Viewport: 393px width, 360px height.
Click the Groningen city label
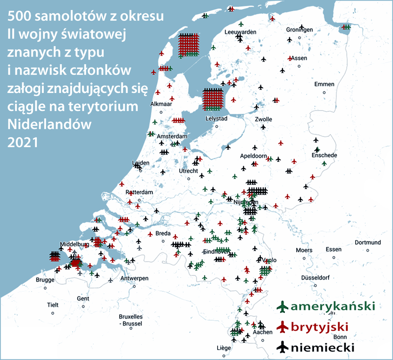[x=300, y=30]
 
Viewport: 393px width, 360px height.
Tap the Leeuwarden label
[x=241, y=32]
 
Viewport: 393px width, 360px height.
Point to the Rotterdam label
[x=140, y=192]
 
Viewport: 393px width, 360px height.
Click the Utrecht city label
[x=189, y=171]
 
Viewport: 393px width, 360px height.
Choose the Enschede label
[x=324, y=155]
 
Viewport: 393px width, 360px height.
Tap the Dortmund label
[x=368, y=242]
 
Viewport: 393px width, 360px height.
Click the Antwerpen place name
[x=134, y=278]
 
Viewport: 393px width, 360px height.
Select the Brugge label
[x=46, y=279]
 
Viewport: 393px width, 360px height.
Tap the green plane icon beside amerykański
[x=282, y=307]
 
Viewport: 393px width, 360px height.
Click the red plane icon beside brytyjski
[x=282, y=327]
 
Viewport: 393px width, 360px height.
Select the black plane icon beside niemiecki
[x=282, y=347]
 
